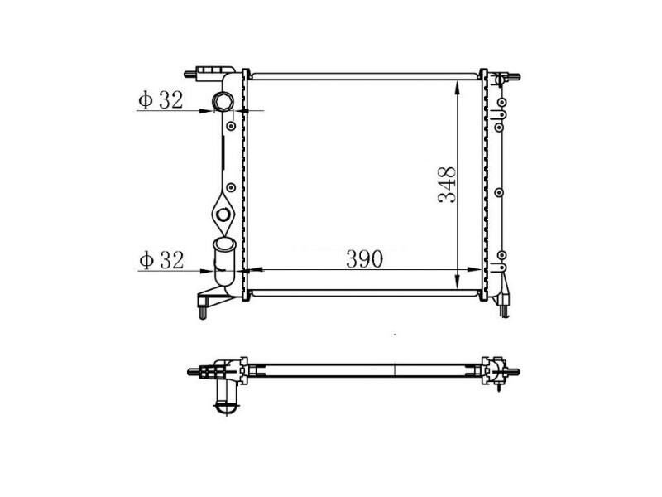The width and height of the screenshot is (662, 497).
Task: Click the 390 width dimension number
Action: [x=363, y=258]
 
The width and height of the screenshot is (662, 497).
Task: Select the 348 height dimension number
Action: [x=448, y=186]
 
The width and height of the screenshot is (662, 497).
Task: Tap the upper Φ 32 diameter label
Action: [x=161, y=100]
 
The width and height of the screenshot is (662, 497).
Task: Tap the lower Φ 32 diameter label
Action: [x=161, y=260]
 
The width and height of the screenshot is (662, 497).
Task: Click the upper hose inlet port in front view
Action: [x=223, y=103]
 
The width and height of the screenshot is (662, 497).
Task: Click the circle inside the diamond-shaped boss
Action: [x=223, y=216]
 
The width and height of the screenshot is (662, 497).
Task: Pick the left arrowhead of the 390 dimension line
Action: [x=253, y=270]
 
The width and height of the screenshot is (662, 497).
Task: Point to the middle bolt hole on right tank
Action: [x=499, y=192]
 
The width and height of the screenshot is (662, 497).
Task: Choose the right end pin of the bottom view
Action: [x=514, y=370]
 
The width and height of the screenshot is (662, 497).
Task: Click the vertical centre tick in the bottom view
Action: [x=396, y=369]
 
